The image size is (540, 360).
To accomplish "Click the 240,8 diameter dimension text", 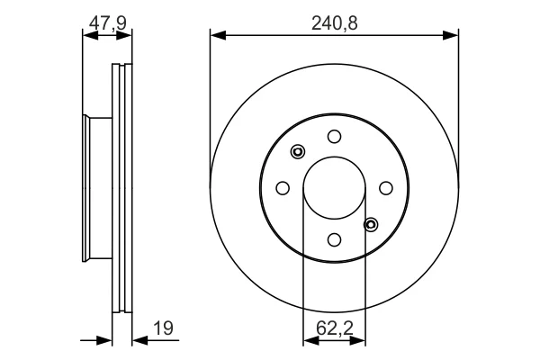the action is click(335, 23).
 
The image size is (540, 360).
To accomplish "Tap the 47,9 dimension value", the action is click(107, 23).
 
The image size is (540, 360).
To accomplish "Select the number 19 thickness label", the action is click(163, 328).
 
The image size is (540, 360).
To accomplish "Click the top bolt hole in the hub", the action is click(334, 137).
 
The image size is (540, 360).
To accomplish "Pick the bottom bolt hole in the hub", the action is click(334, 239).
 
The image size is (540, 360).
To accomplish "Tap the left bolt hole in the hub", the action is click(283, 188).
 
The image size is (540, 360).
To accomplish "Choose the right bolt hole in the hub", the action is click(386, 188).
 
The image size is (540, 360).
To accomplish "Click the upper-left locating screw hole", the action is click(298, 151).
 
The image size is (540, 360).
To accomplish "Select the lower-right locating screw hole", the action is click(371, 225).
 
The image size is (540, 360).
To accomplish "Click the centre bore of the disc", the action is click(334, 188).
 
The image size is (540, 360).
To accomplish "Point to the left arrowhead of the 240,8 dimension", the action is click(218, 35).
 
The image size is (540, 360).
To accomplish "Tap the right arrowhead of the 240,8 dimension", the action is click(451, 35).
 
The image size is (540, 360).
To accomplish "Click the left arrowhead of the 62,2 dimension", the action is click(311, 340).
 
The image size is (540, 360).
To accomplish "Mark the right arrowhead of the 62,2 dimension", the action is click(357, 340).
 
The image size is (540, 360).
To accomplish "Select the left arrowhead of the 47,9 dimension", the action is click(91, 35).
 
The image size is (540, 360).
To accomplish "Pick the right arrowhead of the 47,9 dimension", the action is click(124, 35).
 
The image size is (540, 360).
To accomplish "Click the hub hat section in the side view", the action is click(97, 188).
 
